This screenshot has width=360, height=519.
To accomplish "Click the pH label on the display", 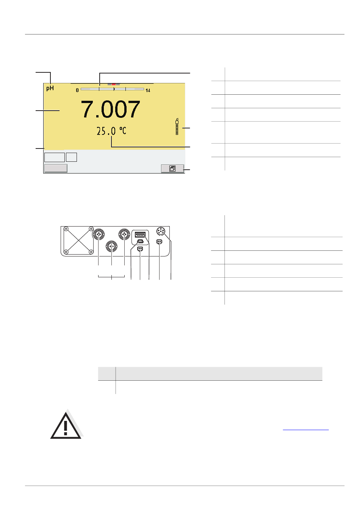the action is point(50,88).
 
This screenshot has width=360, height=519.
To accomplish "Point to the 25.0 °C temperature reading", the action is point(111,131).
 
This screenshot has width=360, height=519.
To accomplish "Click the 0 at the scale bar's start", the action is point(77,91).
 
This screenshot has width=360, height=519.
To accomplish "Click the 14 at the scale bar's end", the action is point(148,91).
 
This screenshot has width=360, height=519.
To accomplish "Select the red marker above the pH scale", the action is point(114,84).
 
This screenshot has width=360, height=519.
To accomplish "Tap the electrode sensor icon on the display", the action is point(177,127).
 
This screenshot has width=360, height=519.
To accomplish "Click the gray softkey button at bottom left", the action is point(56,168).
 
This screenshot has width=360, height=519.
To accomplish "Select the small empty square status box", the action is point(71,157).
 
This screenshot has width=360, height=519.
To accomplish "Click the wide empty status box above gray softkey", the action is point(55,157).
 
